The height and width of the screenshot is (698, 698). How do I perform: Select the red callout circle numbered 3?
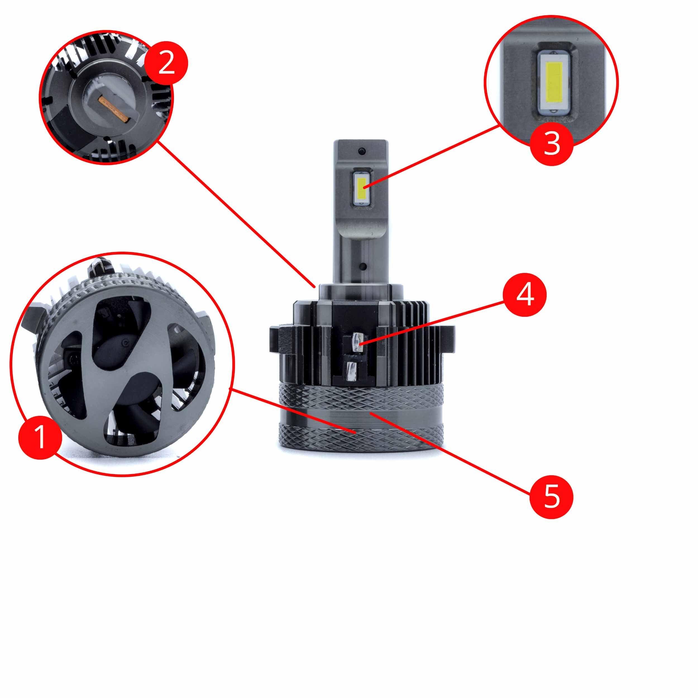(x=551, y=144)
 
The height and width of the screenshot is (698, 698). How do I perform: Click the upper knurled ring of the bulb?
(x=360, y=398)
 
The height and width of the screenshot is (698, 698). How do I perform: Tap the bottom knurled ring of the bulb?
(x=360, y=439)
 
